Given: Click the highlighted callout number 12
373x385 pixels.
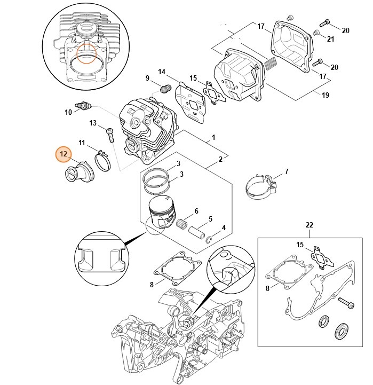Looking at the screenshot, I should pos(64,154).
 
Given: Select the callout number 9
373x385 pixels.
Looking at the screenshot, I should pos(148,78).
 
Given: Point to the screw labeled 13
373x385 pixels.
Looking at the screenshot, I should pos(110,133).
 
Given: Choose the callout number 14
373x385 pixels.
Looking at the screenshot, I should pos(162,72).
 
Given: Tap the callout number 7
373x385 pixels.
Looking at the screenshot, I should pos(287,171).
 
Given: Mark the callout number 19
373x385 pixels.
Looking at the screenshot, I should pos(325,95).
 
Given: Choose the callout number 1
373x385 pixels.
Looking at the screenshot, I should pos(213,138).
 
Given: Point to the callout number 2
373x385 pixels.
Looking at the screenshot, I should pos(220,159).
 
